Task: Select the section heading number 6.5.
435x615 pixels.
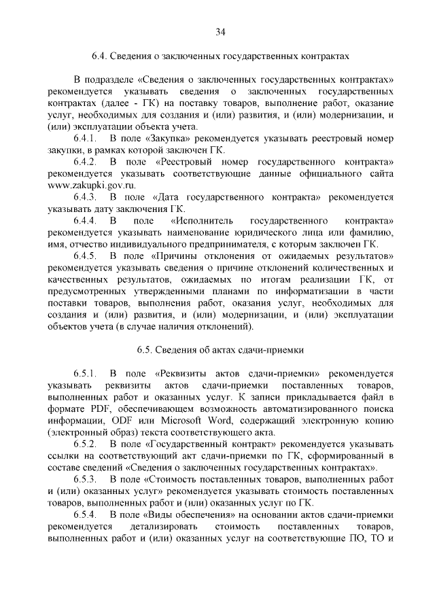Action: [144, 350]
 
